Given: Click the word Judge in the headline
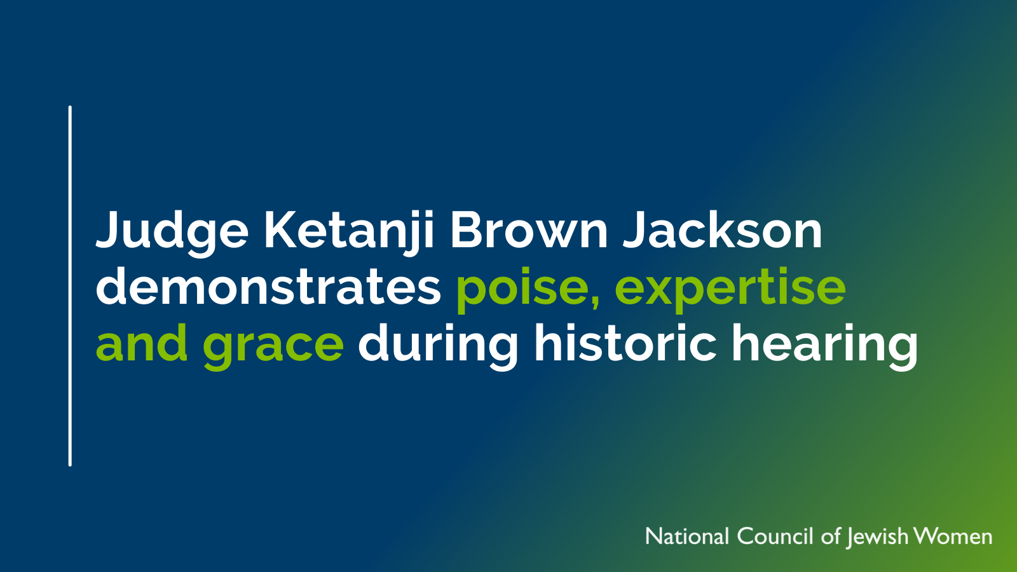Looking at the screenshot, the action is (x=172, y=235).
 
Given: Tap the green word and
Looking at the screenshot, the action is (x=142, y=343).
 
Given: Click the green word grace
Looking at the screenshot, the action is (x=273, y=347).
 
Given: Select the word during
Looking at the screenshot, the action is (x=438, y=347).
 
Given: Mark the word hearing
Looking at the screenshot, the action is (x=824, y=347).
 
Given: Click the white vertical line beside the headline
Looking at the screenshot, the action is (x=70, y=286).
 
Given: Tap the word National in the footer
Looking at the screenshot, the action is (x=687, y=536).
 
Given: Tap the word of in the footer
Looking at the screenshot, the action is (x=831, y=536).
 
